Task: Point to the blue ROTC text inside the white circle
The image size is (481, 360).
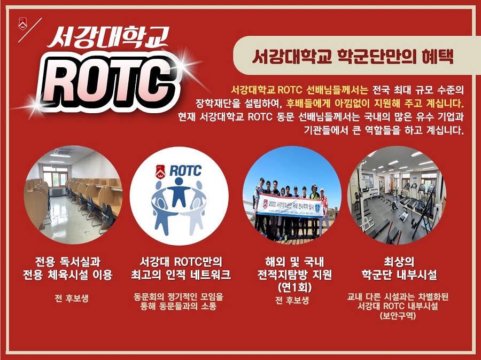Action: [x=185, y=170]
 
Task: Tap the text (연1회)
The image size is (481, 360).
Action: [x=292, y=287]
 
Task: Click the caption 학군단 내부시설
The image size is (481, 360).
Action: [x=398, y=275]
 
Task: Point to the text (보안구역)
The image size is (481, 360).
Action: [x=398, y=316]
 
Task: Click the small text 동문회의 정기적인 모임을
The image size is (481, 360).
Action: [x=179, y=296]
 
